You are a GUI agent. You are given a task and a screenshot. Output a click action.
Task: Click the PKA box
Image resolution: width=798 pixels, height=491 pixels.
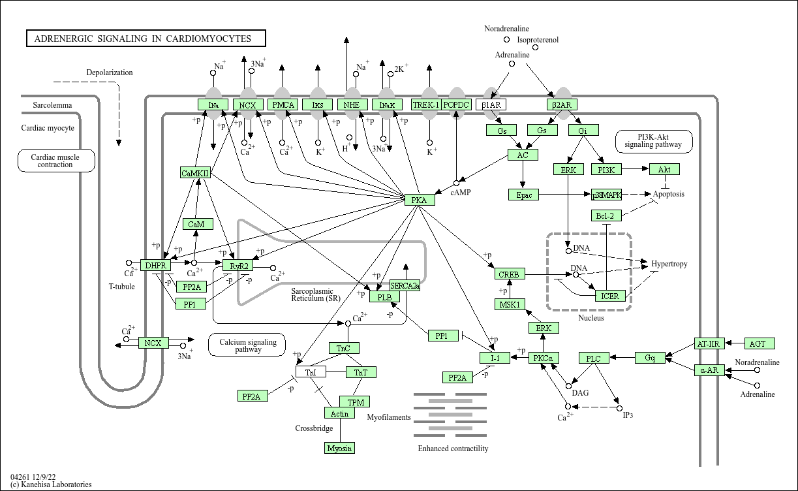(x=420, y=200)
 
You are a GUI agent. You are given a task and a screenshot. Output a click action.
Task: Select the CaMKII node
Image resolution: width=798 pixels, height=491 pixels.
(x=196, y=173)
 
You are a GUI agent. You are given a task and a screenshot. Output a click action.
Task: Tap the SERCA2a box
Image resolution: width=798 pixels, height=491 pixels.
(x=405, y=285)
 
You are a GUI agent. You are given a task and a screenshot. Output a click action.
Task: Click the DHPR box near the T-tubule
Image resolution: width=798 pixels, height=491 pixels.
(x=155, y=265)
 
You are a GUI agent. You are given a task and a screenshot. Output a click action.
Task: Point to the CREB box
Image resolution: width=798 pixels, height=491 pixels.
(x=509, y=274)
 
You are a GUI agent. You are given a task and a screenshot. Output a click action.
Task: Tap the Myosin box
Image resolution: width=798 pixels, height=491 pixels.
(x=339, y=448)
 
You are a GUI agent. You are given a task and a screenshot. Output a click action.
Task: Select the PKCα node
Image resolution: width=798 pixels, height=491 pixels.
(x=544, y=358)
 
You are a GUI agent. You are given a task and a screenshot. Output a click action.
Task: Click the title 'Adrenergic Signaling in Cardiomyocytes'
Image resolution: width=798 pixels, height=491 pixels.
(x=147, y=39)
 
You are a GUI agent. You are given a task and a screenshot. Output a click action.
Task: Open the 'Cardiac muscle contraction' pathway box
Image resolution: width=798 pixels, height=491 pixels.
(x=55, y=161)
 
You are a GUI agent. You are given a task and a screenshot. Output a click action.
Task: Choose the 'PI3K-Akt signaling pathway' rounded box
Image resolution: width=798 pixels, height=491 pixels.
(x=653, y=140)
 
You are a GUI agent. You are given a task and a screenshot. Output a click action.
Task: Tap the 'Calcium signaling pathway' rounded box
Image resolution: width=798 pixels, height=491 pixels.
(x=248, y=345)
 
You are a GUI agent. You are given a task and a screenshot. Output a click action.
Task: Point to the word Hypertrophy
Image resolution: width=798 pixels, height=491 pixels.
(x=669, y=264)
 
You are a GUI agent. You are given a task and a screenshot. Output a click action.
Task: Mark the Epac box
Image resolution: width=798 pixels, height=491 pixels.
(x=523, y=195)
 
